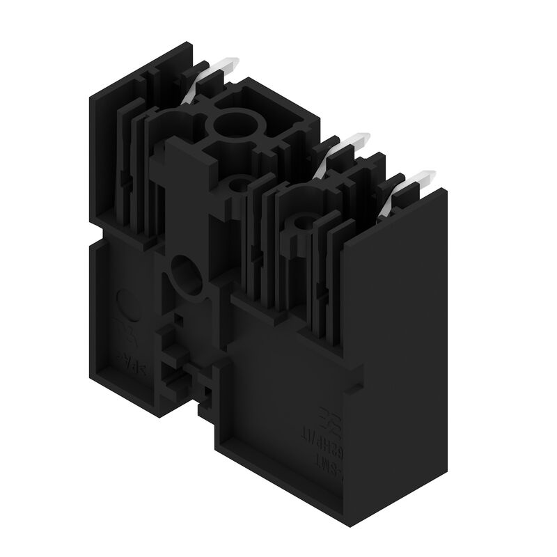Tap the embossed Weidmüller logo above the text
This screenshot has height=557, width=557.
click(x=325, y=418)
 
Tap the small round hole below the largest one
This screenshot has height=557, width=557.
click(x=237, y=185)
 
